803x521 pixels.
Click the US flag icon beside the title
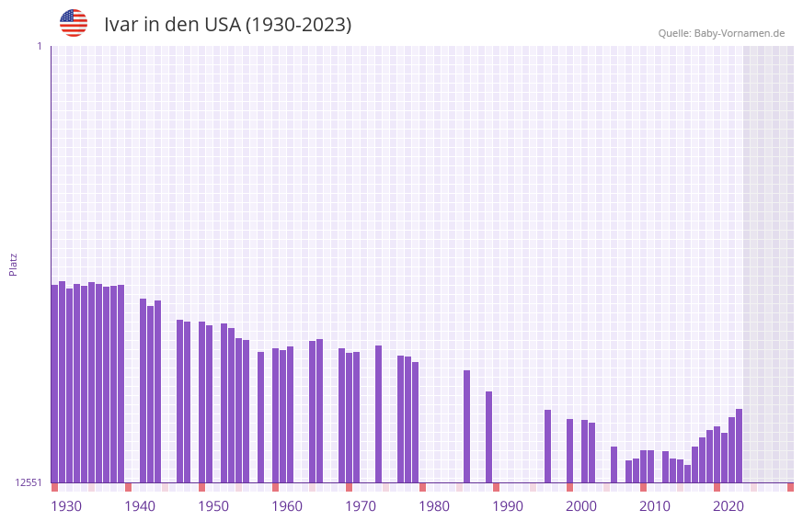pyautogui.click(x=74, y=23)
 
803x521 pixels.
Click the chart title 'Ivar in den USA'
pyautogui.click(x=227, y=25)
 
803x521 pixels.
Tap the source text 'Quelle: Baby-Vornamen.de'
pyautogui.click(x=721, y=33)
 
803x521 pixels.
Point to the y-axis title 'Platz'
pyautogui.click(x=13, y=264)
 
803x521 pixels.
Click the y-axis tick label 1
pyautogui.click(x=39, y=46)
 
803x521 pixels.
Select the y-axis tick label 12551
pyautogui.click(x=28, y=482)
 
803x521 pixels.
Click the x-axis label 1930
pyautogui.click(x=66, y=506)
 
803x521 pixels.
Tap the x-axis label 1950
pyautogui.click(x=213, y=506)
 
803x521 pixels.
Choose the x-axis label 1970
pyautogui.click(x=361, y=506)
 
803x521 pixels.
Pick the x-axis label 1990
pyautogui.click(x=508, y=506)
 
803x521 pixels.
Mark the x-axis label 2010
pyautogui.click(x=655, y=506)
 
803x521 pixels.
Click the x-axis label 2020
pyautogui.click(x=728, y=506)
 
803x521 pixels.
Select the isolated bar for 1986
pyautogui.click(x=466, y=426)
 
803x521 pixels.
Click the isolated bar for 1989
pyautogui.click(x=488, y=437)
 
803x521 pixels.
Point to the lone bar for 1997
pyautogui.click(x=547, y=447)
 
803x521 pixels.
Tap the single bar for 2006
pyautogui.click(x=614, y=465)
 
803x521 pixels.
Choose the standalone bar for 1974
pyautogui.click(x=378, y=414)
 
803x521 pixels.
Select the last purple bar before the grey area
pyautogui.click(x=739, y=446)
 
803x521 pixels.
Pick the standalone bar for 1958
pyautogui.click(x=260, y=417)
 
